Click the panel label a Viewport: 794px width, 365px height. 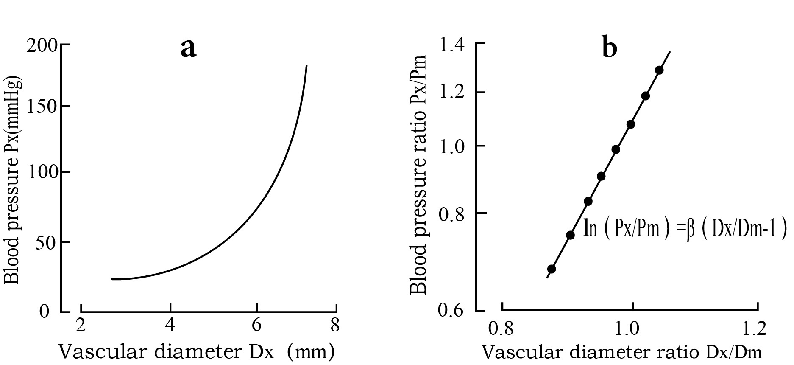[x=188, y=48]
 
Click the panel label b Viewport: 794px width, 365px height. [x=609, y=48]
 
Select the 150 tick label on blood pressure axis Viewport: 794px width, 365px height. [x=42, y=106]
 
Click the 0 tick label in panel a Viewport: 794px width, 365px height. [x=44, y=312]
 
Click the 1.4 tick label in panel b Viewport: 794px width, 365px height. [x=452, y=44]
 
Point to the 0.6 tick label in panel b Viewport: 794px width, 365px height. [x=452, y=311]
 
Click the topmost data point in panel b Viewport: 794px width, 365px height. [x=659, y=70]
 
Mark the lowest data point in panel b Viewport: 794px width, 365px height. [x=552, y=269]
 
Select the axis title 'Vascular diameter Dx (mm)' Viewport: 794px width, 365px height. [x=196, y=351]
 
